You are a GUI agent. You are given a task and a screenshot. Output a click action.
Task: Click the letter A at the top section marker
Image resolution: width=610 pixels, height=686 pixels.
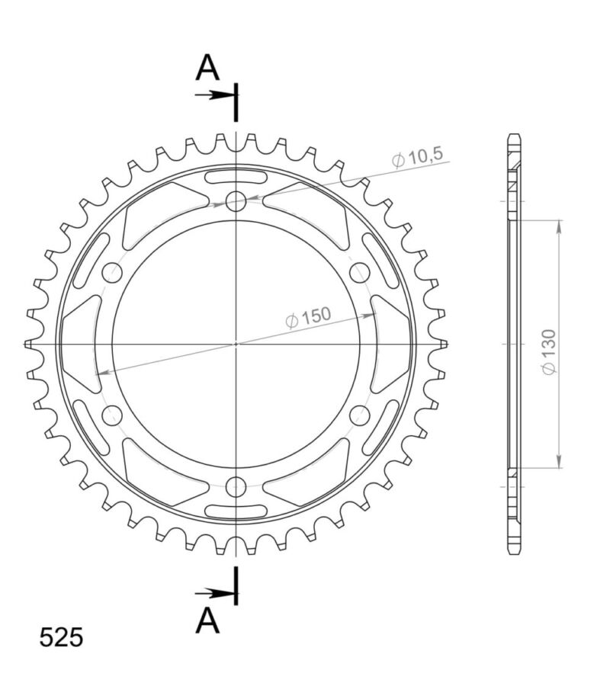click(x=207, y=68)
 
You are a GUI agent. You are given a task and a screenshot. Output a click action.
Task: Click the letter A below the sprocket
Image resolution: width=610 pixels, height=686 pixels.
click(x=207, y=621)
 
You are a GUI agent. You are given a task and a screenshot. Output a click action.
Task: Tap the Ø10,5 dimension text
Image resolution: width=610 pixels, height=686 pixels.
click(x=416, y=159)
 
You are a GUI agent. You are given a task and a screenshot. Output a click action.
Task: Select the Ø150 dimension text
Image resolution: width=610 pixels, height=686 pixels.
click(x=308, y=318)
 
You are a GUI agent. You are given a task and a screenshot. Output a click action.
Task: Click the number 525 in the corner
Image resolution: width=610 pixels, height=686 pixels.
click(x=61, y=637)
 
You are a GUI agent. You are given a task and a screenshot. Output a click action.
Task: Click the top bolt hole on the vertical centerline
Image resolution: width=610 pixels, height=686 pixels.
click(x=236, y=201)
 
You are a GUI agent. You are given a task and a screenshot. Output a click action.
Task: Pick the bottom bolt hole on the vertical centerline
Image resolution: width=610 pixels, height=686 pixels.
click(x=236, y=486)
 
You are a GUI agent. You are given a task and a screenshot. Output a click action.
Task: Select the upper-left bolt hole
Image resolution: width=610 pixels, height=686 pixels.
click(x=113, y=272)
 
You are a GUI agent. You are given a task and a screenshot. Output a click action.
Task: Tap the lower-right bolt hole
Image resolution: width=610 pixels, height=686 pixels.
click(x=360, y=415)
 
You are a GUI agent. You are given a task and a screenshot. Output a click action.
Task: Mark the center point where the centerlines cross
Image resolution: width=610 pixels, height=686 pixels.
click(x=236, y=344)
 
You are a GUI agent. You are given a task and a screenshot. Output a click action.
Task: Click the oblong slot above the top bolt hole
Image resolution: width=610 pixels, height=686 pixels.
click(x=236, y=178)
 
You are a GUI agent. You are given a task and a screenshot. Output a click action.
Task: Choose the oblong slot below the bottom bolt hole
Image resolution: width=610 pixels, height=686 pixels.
click(x=236, y=509)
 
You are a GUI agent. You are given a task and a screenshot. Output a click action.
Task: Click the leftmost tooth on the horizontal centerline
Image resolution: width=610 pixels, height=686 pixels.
click(x=28, y=344)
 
